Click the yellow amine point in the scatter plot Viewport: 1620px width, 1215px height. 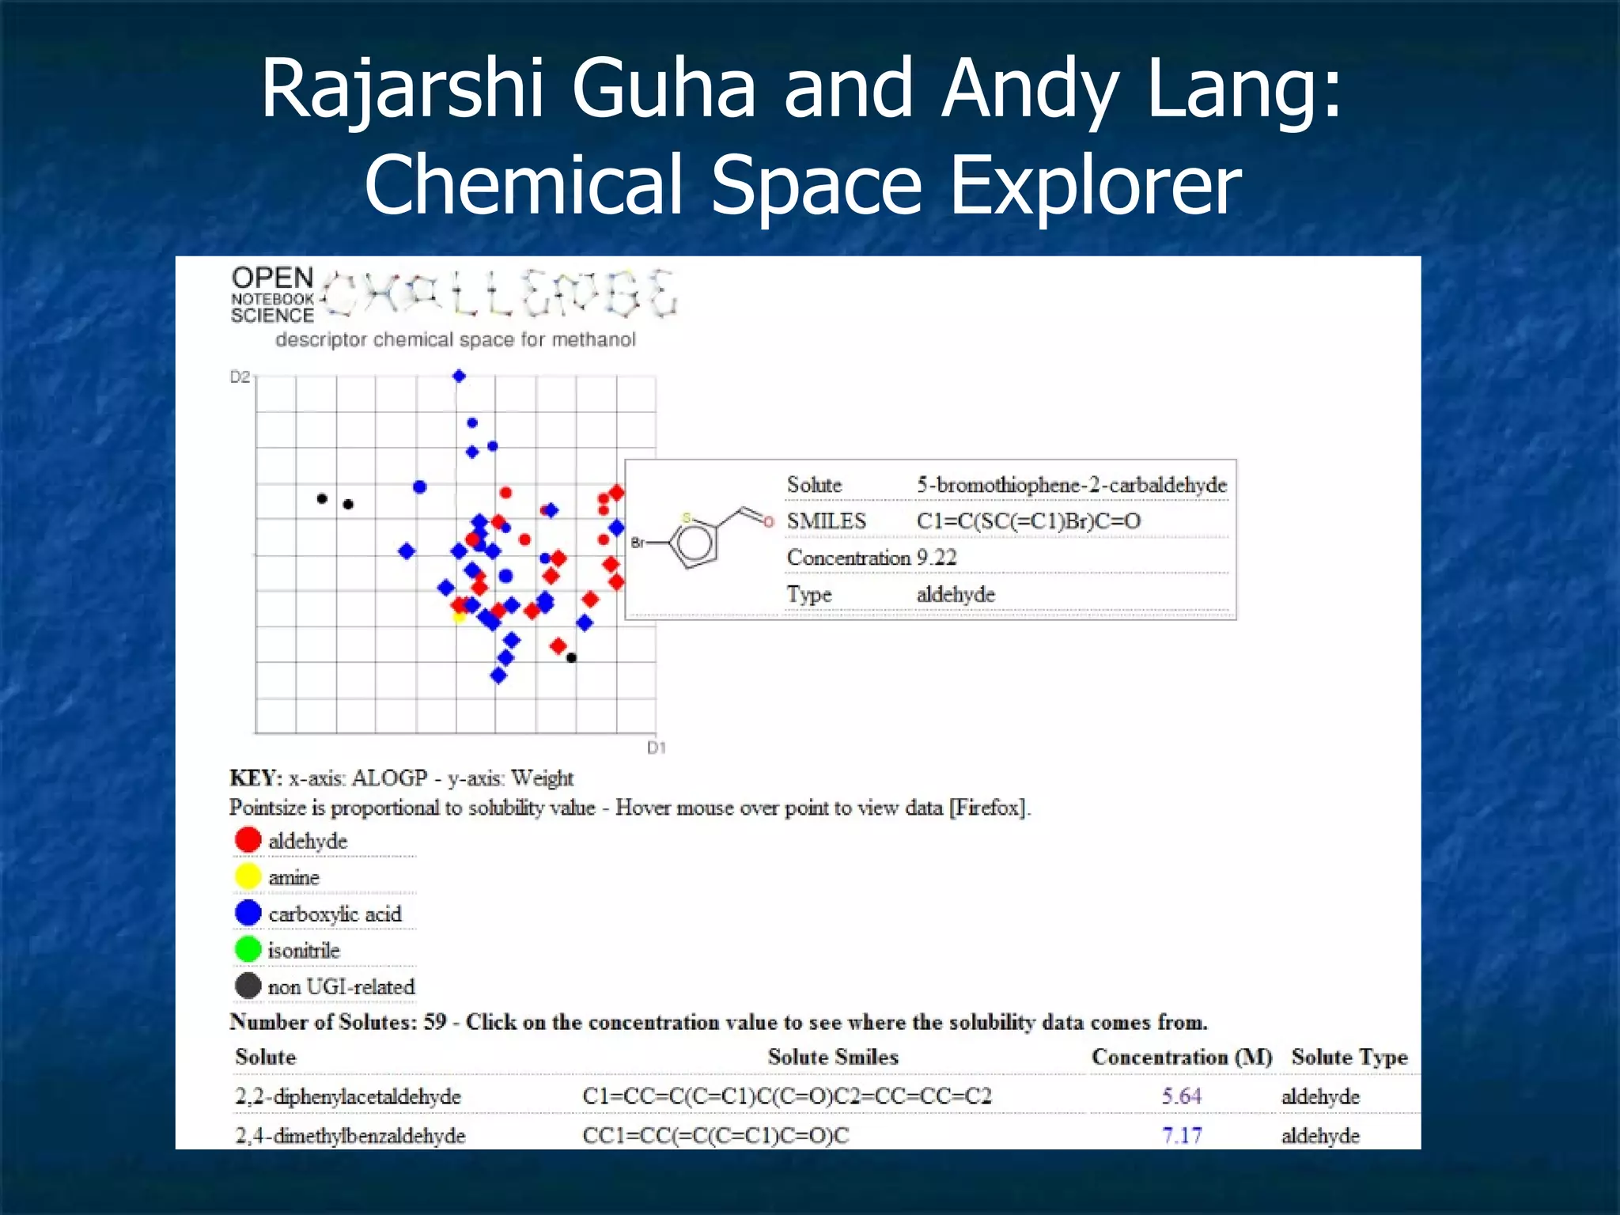(x=459, y=617)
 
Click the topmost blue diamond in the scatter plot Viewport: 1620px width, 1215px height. (x=459, y=376)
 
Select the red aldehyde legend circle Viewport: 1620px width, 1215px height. (x=248, y=840)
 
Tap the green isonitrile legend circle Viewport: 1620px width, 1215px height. (x=248, y=949)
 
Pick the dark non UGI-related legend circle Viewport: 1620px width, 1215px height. (x=248, y=986)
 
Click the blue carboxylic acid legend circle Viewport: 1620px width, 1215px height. (x=248, y=913)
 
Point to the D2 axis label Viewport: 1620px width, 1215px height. (x=240, y=377)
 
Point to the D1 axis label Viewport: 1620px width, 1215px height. (x=657, y=748)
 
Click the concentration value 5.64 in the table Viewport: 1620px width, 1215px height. (x=1181, y=1096)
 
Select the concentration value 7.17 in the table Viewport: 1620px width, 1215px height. (x=1181, y=1136)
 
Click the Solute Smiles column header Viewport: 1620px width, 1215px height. (x=833, y=1057)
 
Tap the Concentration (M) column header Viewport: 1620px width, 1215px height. (x=1182, y=1057)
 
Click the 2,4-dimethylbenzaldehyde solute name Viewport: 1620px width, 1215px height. (x=350, y=1136)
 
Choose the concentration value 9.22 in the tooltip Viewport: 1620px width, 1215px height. (x=937, y=558)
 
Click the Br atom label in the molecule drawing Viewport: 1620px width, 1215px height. (x=638, y=543)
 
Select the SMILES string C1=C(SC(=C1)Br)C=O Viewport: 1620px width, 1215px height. (x=1028, y=521)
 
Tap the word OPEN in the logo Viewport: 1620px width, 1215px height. (x=273, y=278)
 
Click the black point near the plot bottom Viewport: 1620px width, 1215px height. (x=571, y=658)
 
